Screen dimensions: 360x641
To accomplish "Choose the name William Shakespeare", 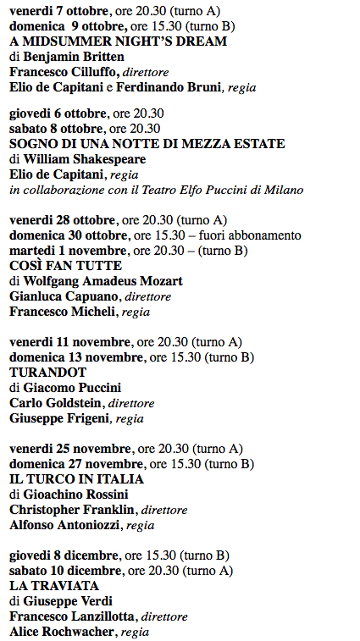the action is (85, 159).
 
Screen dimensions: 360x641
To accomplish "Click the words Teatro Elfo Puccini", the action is (217, 190).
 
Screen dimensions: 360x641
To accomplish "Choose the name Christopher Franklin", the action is (74, 510).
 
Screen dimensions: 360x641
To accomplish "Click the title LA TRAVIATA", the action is (54, 585).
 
